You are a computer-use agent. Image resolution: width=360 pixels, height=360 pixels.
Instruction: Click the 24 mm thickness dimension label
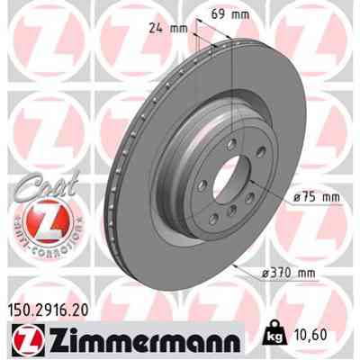click(166, 27)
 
